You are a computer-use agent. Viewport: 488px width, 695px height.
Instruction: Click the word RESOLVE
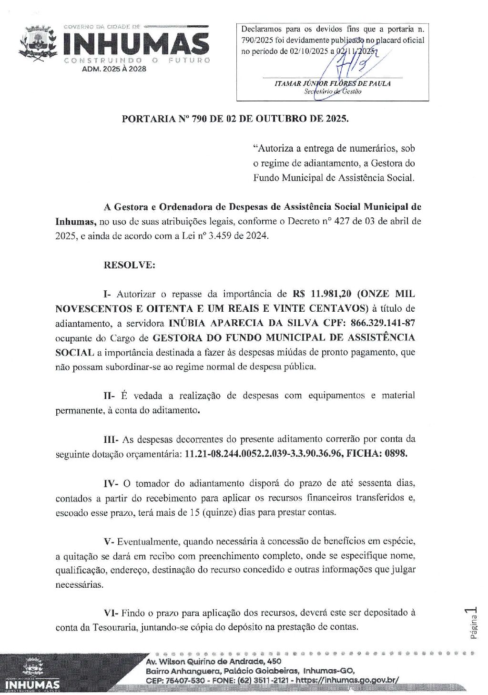click(x=129, y=265)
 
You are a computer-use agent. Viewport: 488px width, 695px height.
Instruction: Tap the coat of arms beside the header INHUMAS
click(x=37, y=46)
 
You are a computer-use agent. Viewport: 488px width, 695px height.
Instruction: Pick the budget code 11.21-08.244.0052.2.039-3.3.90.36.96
click(x=263, y=453)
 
